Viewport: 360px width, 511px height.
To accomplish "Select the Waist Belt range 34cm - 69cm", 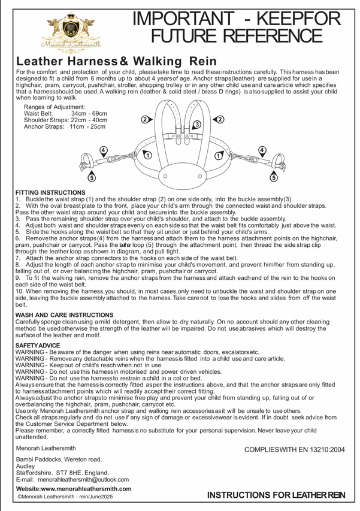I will [x=89, y=113].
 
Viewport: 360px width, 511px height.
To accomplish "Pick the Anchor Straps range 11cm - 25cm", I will [x=87, y=128].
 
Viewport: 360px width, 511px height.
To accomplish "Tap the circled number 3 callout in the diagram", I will [x=196, y=124].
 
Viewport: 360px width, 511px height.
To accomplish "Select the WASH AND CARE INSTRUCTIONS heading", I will [x=64, y=315].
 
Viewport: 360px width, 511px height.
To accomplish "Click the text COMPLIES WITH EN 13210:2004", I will [x=295, y=449].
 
